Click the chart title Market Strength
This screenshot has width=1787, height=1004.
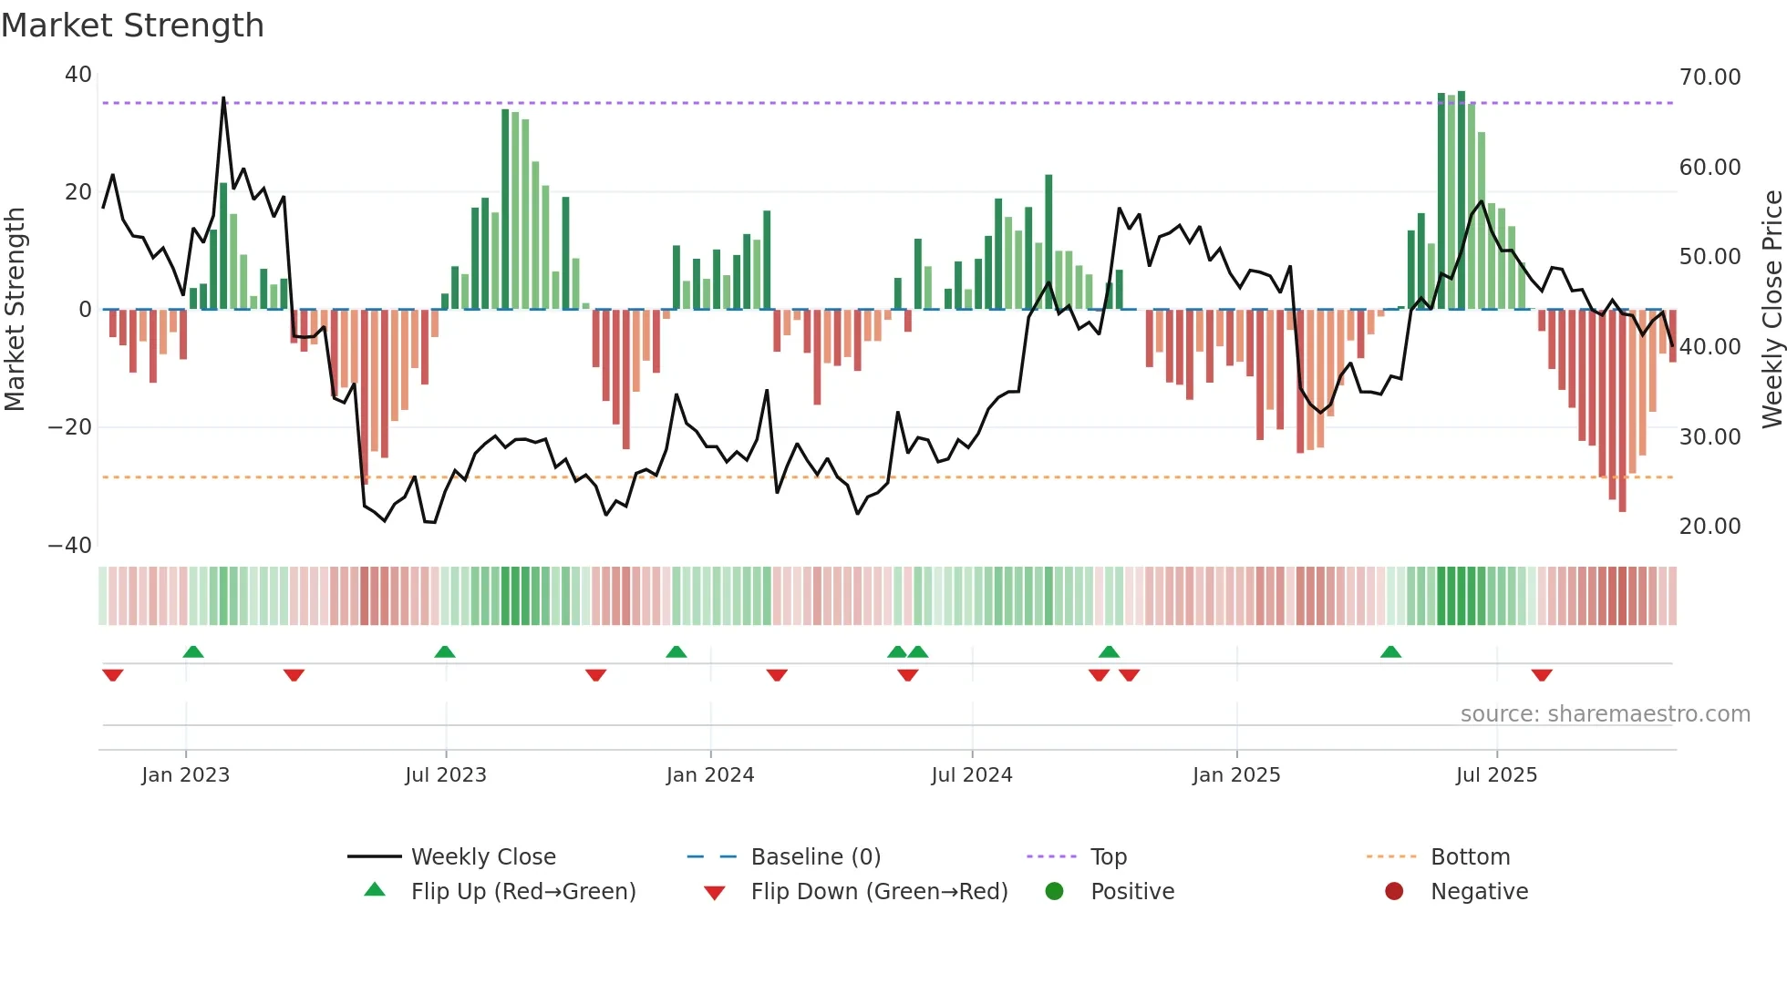[x=132, y=26]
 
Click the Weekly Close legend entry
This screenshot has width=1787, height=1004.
[x=482, y=856]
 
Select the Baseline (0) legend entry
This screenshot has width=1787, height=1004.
[x=815, y=856]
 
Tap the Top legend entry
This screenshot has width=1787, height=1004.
[x=1108, y=856]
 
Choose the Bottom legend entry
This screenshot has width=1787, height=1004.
[x=1470, y=856]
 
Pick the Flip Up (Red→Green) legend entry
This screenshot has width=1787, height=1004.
[x=522, y=891]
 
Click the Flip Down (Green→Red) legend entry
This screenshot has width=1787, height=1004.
[x=879, y=891]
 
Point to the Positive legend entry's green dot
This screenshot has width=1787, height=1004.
[x=1054, y=891]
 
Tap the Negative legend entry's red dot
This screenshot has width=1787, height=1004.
[x=1394, y=891]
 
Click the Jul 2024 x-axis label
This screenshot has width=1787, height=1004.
[x=971, y=774]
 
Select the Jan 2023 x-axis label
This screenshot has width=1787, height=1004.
[x=185, y=774]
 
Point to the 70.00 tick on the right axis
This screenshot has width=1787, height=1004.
[x=1710, y=77]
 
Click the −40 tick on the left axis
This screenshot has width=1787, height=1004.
[x=70, y=545]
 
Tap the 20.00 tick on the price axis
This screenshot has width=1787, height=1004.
[x=1710, y=526]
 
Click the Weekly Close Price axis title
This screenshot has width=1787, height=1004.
[x=1772, y=309]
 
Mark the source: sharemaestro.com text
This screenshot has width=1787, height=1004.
[x=1605, y=713]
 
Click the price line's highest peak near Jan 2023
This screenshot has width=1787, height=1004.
[x=223, y=98]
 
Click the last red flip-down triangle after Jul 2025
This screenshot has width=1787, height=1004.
[x=1542, y=675]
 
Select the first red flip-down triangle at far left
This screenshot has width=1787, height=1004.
[x=113, y=675]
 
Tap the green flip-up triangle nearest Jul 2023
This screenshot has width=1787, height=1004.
[x=445, y=651]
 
